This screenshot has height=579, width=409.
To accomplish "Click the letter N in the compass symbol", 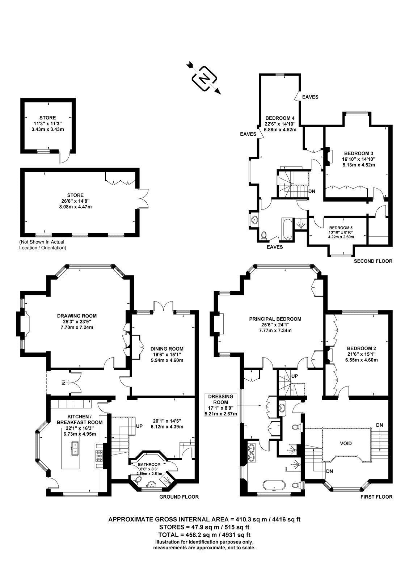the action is click(x=204, y=78).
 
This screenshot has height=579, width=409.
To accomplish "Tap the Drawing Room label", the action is click(x=77, y=316).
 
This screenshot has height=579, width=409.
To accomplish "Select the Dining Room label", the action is click(x=167, y=349).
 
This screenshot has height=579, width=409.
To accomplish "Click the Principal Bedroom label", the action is click(x=275, y=319).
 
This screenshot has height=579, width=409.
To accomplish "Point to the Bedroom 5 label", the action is click(x=341, y=228).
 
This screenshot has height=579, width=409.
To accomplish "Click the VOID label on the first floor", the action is click(x=346, y=444).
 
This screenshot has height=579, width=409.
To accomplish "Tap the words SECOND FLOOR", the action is click(x=373, y=261).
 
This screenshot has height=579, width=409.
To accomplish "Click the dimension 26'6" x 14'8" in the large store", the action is click(x=76, y=201).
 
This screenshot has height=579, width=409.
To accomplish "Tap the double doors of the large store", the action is click(x=143, y=199).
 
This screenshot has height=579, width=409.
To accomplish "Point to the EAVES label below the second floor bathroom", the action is click(x=275, y=247).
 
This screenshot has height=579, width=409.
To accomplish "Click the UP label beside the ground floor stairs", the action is click(x=139, y=426).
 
